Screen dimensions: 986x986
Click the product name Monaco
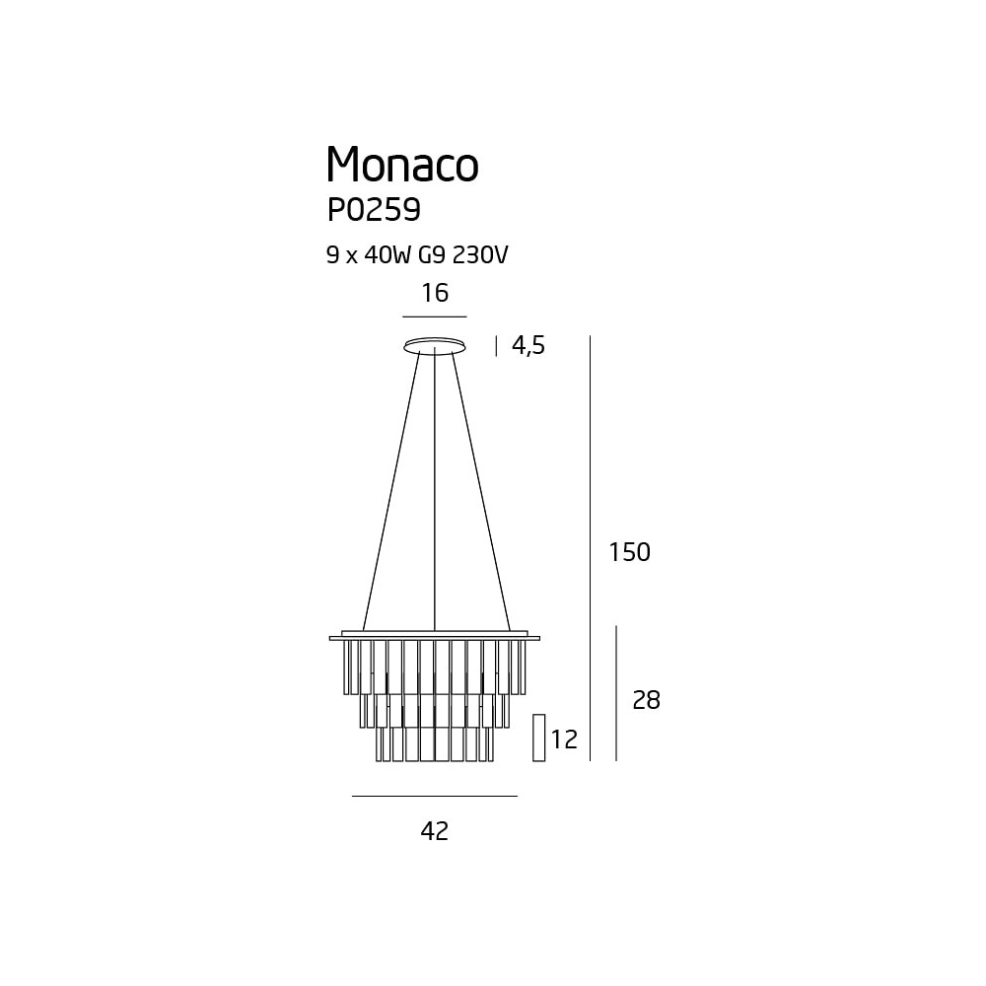402,164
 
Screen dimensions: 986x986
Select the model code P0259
374,210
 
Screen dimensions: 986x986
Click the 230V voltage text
480,254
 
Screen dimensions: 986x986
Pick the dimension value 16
435,293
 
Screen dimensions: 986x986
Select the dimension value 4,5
528,345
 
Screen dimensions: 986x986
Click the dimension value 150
629,552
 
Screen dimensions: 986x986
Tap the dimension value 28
647,700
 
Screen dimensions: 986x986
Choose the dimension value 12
564,739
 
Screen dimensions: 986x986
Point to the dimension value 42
435,831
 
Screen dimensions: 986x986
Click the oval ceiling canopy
435,345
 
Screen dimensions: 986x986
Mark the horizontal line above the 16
435,317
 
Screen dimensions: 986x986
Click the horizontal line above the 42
435,796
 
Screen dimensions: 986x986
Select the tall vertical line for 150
591,548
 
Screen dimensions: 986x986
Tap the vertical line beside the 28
616,693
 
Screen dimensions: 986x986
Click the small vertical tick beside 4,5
496,346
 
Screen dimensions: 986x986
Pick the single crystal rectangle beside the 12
539,738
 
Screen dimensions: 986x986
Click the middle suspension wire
435,489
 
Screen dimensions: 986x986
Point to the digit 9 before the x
332,254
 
